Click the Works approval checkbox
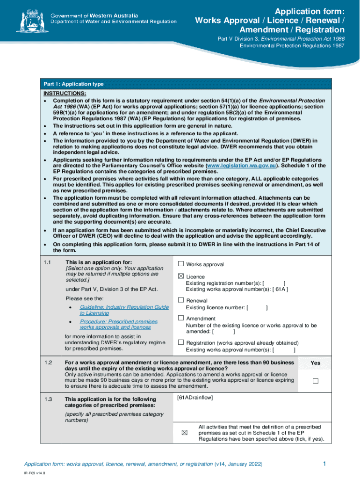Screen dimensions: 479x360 181,264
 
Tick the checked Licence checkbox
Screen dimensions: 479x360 181,276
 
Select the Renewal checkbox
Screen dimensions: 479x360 181,300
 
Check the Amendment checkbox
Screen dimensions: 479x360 181,318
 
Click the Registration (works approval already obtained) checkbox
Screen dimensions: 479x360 181,342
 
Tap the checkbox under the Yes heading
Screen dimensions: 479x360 315,381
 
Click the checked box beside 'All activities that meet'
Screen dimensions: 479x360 184,432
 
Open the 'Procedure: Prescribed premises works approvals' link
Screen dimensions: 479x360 119,324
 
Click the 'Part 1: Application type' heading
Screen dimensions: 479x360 74,84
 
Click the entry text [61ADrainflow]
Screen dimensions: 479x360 195,398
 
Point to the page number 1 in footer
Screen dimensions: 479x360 324,463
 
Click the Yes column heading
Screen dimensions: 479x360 316,363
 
